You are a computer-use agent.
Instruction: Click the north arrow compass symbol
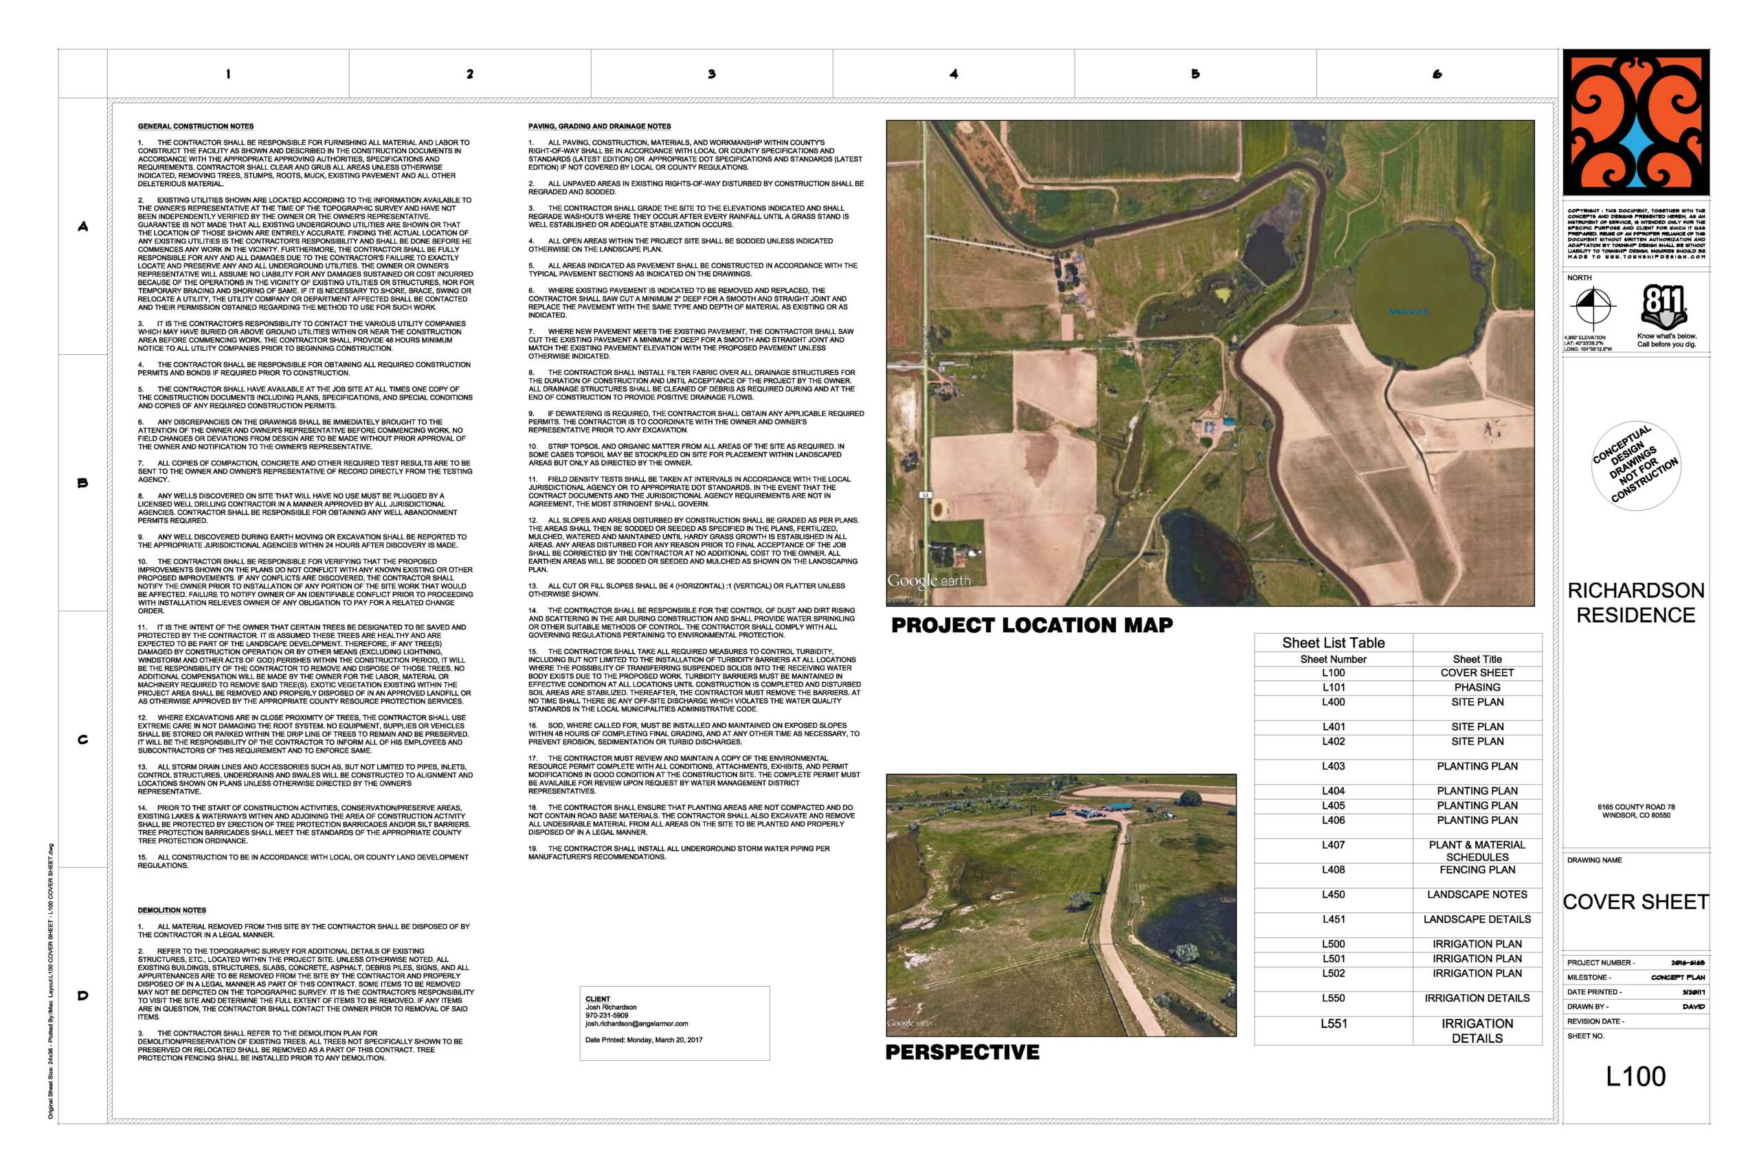pyautogui.click(x=1592, y=307)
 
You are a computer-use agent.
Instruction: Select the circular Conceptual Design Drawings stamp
pyautogui.click(x=1635, y=465)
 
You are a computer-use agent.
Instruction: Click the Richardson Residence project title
pyautogui.click(x=1635, y=602)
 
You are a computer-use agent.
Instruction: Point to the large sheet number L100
pyautogui.click(x=1635, y=1077)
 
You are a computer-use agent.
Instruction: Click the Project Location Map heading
pyautogui.click(x=1032, y=625)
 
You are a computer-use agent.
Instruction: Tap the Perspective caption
pyautogui.click(x=962, y=1053)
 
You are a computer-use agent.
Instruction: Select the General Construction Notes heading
pyautogui.click(x=195, y=126)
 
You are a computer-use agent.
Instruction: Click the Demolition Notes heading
pyautogui.click(x=171, y=910)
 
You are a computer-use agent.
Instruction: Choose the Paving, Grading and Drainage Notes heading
pyautogui.click(x=599, y=126)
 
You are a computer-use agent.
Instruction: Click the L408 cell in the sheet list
pyautogui.click(x=1333, y=870)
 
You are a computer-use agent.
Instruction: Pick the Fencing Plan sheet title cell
pyautogui.click(x=1477, y=870)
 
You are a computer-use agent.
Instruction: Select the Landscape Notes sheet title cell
pyautogui.click(x=1477, y=895)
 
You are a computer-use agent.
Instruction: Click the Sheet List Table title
pyautogui.click(x=1333, y=643)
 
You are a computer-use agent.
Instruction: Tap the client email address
pyautogui.click(x=636, y=1024)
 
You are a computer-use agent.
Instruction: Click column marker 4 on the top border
pyautogui.click(x=954, y=74)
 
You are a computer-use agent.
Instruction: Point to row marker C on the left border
pyautogui.click(x=83, y=740)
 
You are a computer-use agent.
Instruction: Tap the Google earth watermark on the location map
pyautogui.click(x=928, y=581)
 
